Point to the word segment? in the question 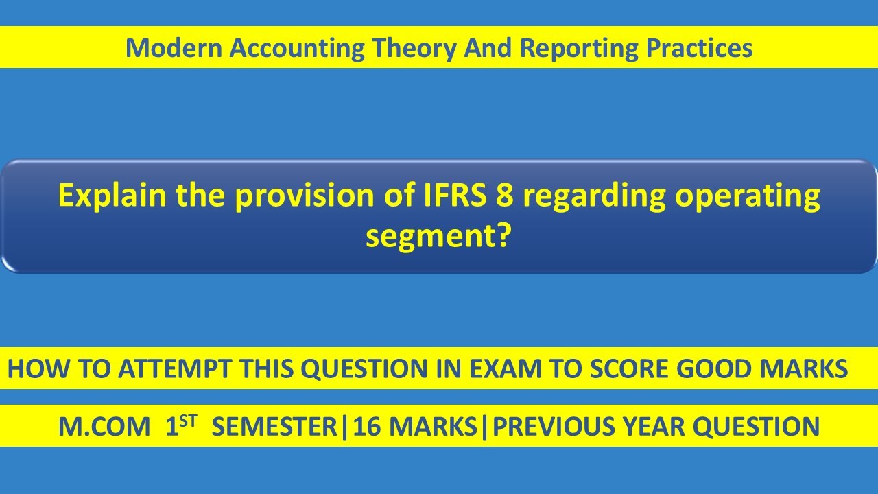tap(439, 237)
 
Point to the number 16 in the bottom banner tap(366, 427)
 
